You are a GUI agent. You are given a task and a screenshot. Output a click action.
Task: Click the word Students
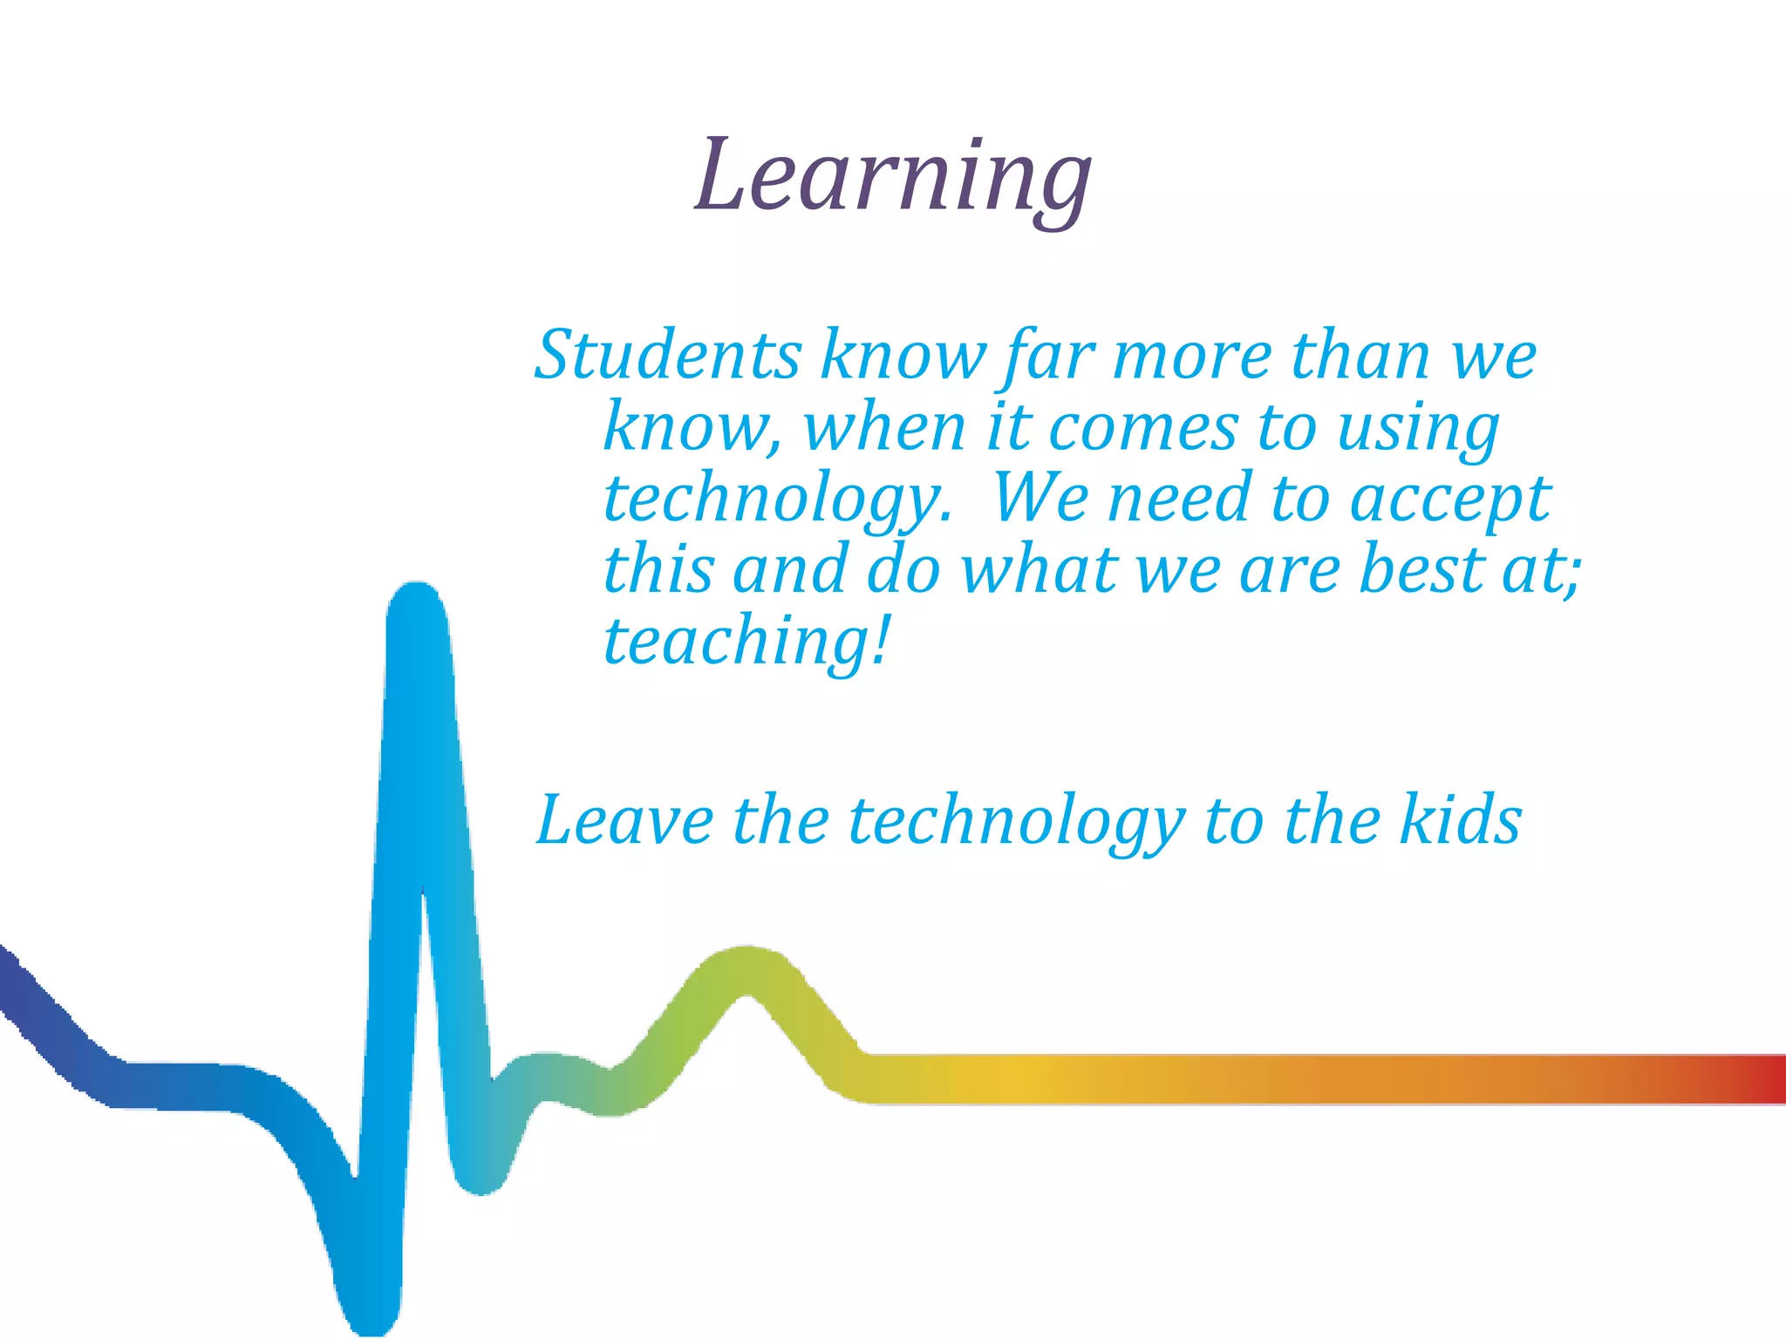(x=667, y=356)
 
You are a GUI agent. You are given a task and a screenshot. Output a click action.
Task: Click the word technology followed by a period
(x=776, y=500)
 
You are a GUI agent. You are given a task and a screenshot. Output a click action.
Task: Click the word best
(x=1421, y=570)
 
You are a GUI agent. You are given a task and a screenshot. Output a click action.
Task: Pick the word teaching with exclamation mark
(x=746, y=642)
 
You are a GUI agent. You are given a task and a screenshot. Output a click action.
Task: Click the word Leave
(x=624, y=821)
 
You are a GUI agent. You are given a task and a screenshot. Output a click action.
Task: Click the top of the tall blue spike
(x=417, y=602)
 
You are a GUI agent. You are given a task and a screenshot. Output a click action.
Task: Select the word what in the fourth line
(x=1039, y=570)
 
